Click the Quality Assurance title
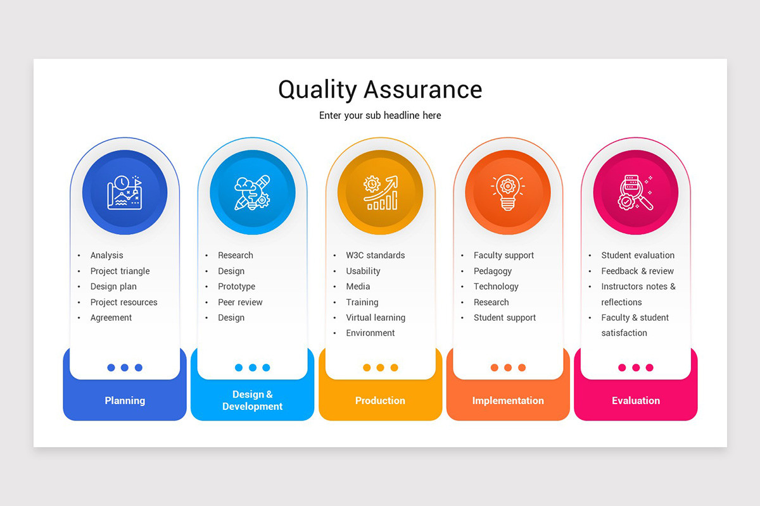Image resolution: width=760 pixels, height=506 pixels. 380,89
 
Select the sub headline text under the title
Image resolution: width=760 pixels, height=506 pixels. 380,115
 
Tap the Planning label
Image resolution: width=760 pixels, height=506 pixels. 125,400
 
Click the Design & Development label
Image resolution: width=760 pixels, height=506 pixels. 252,400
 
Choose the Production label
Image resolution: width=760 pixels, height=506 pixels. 380,400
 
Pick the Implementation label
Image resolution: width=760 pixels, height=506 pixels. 508,400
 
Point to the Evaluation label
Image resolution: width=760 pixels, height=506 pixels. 636,400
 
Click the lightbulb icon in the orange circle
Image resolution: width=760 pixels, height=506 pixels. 508,192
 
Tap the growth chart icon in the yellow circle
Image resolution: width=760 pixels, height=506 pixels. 380,192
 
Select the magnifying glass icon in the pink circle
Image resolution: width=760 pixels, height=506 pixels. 636,192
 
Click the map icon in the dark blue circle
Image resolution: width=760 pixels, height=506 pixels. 125,192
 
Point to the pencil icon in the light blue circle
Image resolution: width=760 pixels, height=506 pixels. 252,192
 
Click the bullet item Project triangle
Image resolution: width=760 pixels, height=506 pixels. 120,271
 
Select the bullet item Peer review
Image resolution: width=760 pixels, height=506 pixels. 240,302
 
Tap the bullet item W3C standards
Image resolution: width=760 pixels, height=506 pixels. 375,256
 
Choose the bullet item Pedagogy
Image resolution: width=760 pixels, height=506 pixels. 493,271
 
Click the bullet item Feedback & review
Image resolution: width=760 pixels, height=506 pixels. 637,271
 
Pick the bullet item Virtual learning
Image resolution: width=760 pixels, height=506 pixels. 376,318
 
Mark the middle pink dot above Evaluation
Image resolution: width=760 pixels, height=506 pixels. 636,367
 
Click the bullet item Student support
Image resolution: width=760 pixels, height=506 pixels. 505,318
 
